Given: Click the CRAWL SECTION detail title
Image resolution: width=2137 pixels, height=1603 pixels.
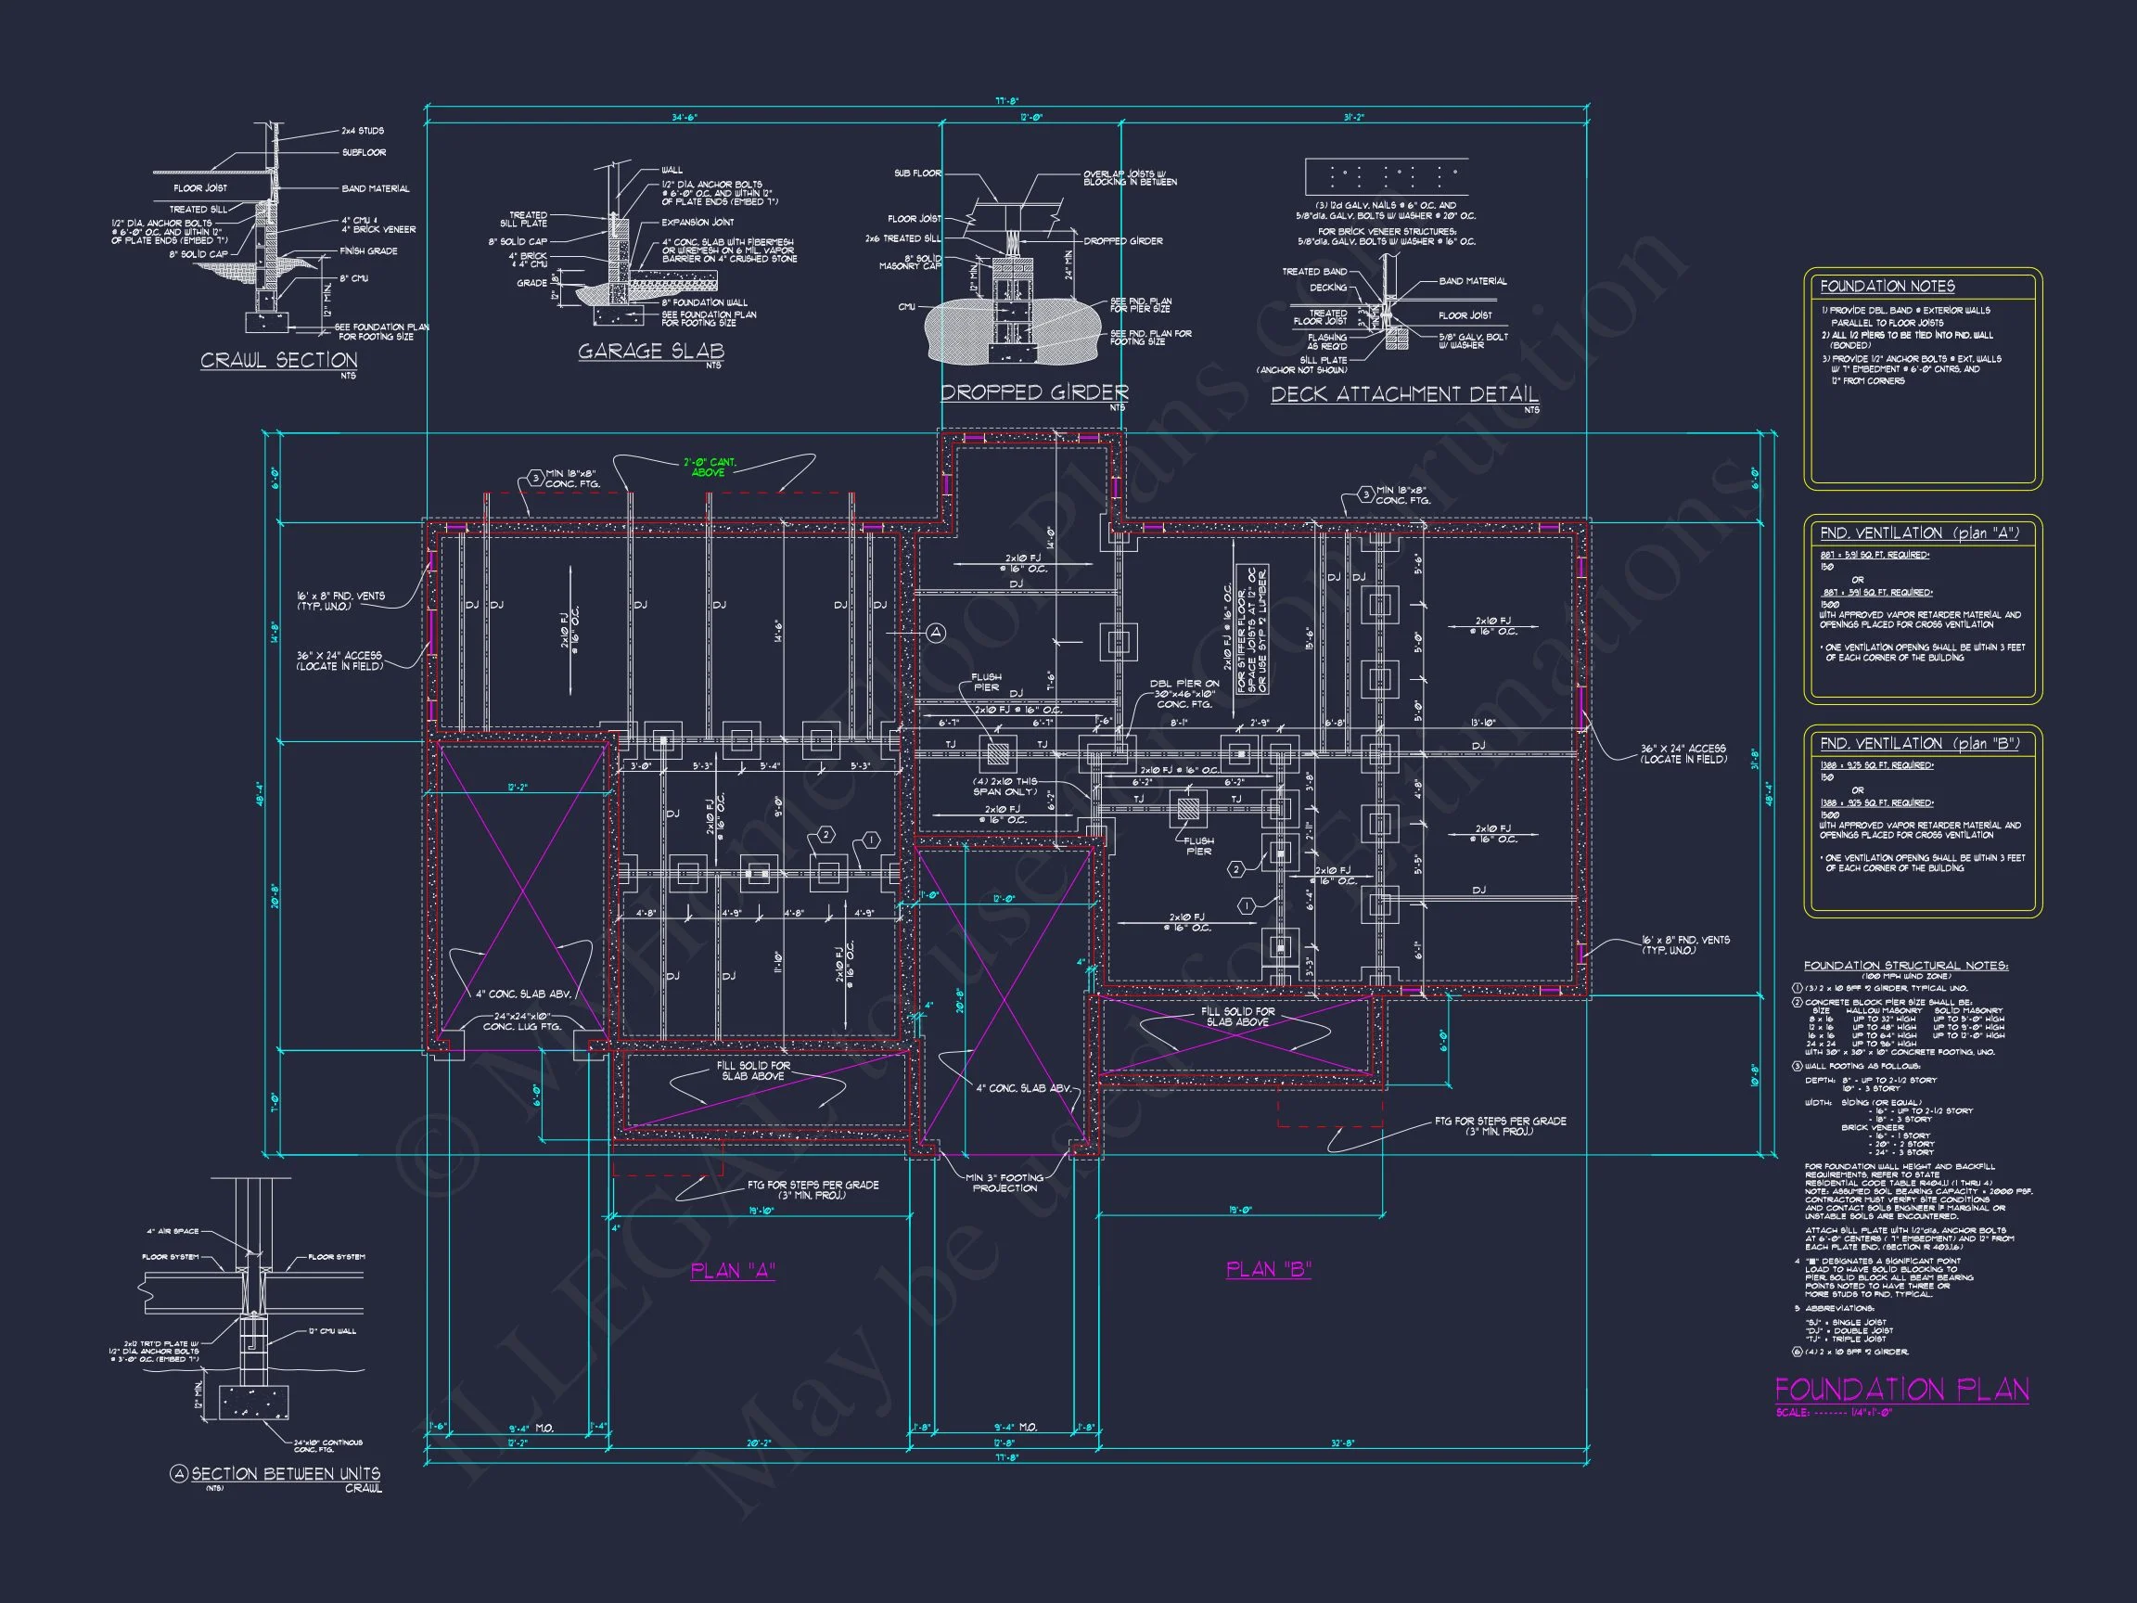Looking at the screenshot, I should [278, 361].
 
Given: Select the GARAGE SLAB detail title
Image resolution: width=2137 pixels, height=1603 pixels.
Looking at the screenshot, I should [650, 351].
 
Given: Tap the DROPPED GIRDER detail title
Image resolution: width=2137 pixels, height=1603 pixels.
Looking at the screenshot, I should [1034, 392].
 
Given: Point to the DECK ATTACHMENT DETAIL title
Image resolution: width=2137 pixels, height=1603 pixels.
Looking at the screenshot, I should [1403, 394].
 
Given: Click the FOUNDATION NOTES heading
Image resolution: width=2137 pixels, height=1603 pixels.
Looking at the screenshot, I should [1887, 286].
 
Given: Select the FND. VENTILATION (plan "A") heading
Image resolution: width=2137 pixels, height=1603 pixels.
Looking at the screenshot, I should [1919, 533].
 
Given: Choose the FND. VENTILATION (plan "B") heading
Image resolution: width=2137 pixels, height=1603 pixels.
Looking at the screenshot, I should [1919, 743].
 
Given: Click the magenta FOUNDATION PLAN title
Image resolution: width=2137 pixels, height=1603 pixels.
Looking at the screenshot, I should [1901, 1391].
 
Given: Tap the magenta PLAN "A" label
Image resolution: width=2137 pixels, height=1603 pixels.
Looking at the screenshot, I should [734, 1271].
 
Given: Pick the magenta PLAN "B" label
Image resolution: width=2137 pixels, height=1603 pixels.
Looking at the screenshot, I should [1268, 1269].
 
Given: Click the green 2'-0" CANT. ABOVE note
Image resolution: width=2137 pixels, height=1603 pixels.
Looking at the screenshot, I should [710, 468].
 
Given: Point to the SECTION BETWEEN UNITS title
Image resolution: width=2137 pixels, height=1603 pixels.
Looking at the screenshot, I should [285, 1473].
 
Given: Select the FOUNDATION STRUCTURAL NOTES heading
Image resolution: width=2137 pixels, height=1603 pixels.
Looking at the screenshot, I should [1905, 966].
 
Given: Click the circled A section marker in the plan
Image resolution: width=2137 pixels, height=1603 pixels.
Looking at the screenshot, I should [935, 633].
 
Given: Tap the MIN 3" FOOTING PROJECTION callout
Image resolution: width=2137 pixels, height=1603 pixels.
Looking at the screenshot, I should [1005, 1183].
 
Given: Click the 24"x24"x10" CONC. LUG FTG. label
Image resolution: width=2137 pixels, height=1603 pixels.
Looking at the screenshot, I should [521, 1021].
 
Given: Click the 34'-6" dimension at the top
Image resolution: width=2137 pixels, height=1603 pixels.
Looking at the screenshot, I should [684, 117].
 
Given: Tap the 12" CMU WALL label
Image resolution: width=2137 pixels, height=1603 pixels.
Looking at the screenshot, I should [331, 1331].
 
